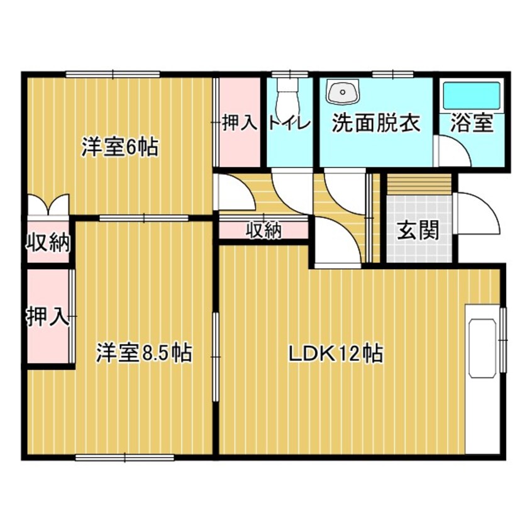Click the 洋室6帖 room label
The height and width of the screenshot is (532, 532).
(119, 148)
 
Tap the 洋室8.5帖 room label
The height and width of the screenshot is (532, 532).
(144, 353)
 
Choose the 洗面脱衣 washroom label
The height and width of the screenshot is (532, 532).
(375, 123)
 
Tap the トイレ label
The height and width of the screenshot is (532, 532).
(289, 123)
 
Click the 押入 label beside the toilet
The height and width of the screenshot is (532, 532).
(240, 123)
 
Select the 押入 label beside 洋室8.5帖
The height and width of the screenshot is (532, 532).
(47, 316)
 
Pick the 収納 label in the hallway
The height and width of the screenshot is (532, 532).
(263, 231)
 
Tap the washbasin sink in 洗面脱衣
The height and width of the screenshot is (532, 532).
(342, 92)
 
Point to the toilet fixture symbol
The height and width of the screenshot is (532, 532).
(289, 94)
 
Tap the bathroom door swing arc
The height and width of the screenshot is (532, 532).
(453, 154)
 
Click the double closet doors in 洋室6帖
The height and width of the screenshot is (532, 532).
(47, 205)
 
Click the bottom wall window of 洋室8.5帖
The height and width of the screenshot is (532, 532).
(125, 458)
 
